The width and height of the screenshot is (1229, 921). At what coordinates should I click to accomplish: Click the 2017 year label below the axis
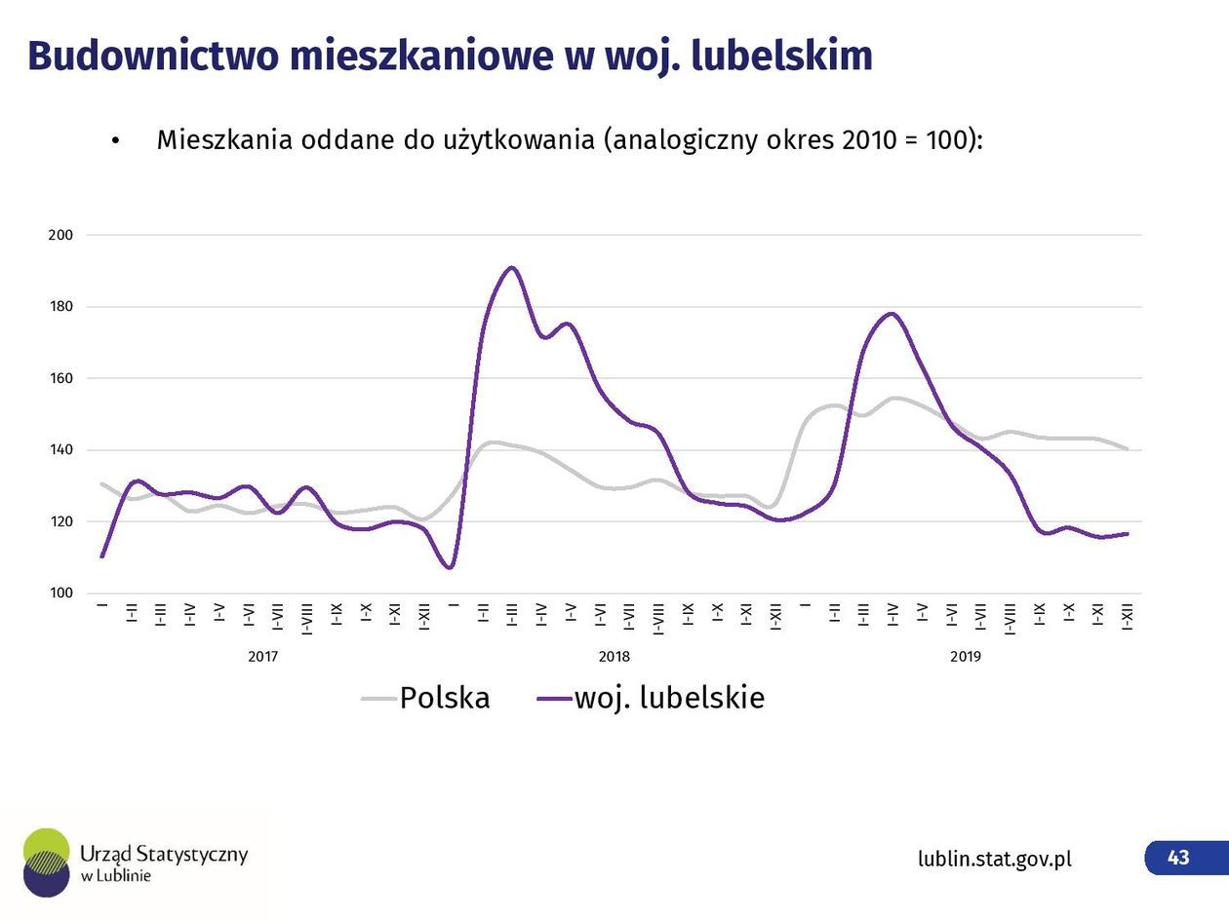262,657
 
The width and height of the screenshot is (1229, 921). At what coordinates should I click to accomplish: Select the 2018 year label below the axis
614,657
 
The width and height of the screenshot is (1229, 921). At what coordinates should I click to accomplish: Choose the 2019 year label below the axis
965,657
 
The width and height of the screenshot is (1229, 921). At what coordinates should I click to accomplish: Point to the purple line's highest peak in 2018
511,267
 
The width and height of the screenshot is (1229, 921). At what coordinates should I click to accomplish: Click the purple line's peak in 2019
891,313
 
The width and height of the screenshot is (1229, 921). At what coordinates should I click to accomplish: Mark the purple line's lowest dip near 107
450,567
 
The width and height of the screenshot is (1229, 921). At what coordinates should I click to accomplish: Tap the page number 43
1178,858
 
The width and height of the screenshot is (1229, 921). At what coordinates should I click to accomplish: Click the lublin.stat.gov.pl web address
994,859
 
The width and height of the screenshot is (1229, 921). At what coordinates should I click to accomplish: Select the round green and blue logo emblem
46,863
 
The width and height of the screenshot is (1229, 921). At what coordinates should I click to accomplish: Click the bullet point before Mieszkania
115,141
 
